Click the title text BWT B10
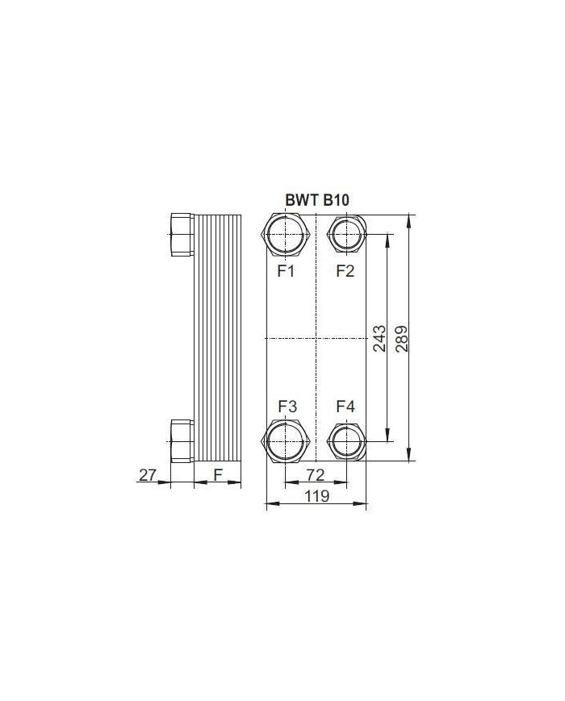point(317,200)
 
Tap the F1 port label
point(286,271)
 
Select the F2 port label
point(345,271)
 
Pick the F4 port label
point(345,406)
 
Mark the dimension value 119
point(316,496)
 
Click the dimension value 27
point(147,475)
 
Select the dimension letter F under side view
point(218,475)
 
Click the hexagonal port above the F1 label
point(287,234)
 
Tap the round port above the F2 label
point(345,234)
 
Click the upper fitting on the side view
point(182,234)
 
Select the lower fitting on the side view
point(182,441)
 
